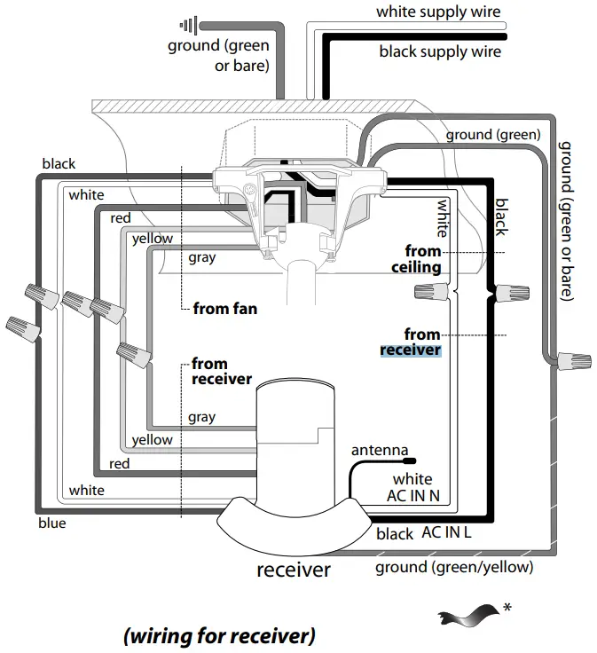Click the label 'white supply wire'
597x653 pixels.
click(438, 12)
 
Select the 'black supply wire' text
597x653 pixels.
click(440, 51)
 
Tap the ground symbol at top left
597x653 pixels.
click(187, 26)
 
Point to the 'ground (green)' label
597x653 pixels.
click(492, 135)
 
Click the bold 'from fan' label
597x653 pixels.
click(226, 310)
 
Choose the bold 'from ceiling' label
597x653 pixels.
click(417, 259)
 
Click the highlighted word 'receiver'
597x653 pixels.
click(410, 350)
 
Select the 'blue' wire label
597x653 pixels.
click(52, 523)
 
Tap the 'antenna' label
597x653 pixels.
click(380, 450)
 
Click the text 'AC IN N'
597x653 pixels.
click(412, 496)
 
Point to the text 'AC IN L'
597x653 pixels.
click(446, 532)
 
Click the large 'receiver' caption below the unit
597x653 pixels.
click(294, 570)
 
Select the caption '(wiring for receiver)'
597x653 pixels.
click(218, 635)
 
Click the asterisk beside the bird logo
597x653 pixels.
click(507, 607)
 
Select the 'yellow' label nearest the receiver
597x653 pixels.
click(153, 440)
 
